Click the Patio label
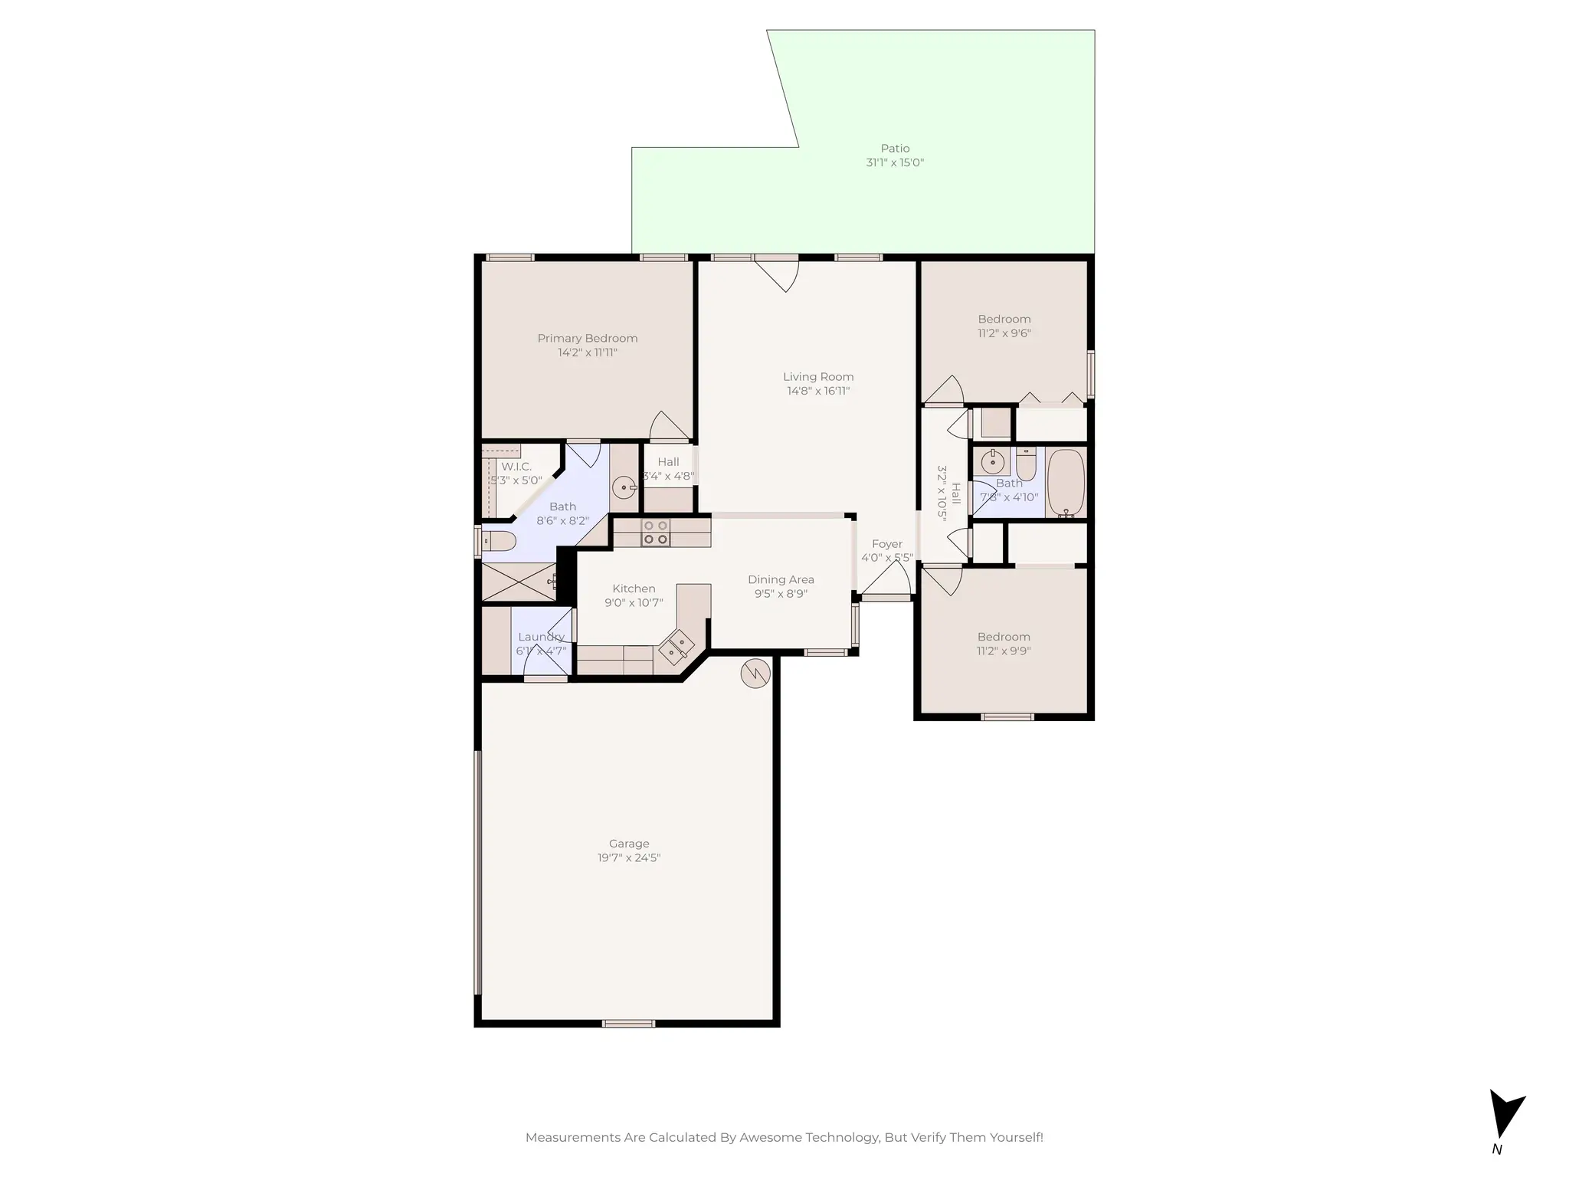click(895, 149)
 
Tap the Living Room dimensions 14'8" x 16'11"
click(818, 391)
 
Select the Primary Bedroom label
click(587, 339)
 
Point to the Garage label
click(629, 844)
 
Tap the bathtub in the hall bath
click(1066, 483)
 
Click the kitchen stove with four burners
click(655, 533)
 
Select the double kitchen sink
click(676, 645)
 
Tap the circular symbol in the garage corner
click(755, 674)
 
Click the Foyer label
click(886, 544)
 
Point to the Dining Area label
click(781, 580)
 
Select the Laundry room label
click(541, 637)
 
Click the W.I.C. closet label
click(516, 467)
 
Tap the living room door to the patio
click(777, 273)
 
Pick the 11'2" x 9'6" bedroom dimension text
click(1004, 333)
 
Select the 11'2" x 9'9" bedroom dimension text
click(1004, 651)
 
